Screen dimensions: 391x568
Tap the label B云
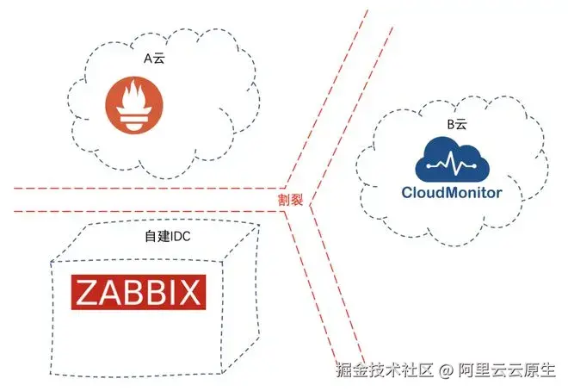point(455,125)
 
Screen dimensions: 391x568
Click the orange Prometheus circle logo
point(136,107)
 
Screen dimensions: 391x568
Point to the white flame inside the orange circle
point(136,105)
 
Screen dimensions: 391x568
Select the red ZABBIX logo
point(137,291)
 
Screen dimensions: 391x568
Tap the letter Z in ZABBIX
point(88,291)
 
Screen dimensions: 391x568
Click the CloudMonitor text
point(452,192)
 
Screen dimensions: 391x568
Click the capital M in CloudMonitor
point(452,192)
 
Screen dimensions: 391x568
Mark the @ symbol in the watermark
point(446,372)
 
